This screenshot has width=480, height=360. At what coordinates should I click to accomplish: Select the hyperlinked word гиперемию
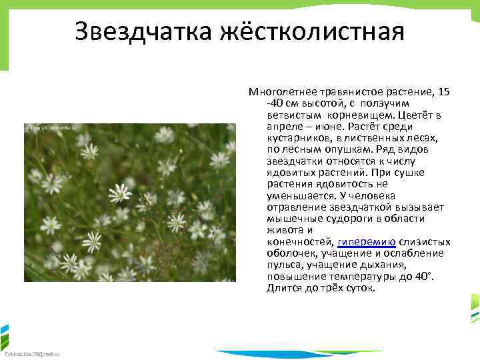click(367, 242)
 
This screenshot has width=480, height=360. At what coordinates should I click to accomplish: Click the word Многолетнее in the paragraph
click(281, 91)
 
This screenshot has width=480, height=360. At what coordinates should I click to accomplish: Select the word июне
click(337, 126)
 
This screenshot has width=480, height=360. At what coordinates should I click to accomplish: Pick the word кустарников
click(297, 137)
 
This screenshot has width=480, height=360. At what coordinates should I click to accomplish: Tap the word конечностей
click(301, 242)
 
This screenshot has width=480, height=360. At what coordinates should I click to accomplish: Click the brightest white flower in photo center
click(120, 193)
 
